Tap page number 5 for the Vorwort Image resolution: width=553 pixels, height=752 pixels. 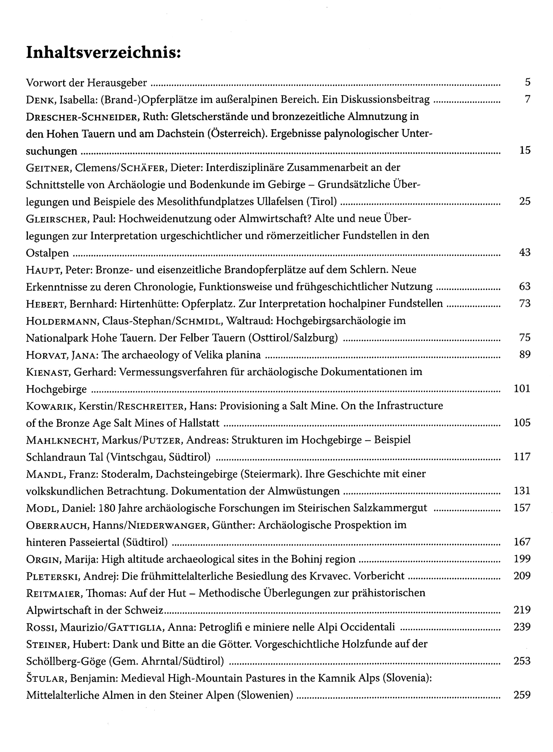point(527,82)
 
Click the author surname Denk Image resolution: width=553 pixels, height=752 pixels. point(40,99)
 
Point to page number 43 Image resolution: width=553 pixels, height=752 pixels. point(525,252)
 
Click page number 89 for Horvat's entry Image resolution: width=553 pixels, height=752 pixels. point(525,354)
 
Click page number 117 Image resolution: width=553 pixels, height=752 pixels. point(522,456)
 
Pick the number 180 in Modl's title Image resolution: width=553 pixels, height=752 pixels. point(106,508)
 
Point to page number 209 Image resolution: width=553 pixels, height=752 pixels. point(522,576)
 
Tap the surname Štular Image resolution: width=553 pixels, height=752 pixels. point(46,678)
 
